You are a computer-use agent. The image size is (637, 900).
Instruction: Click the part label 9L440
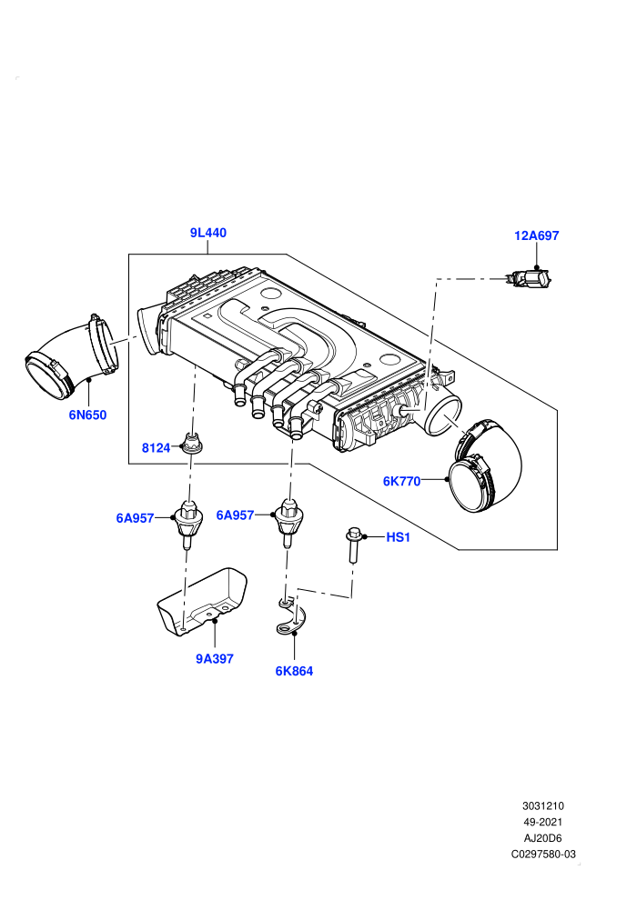click(x=207, y=233)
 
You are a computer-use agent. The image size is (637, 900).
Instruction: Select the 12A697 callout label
click(x=537, y=235)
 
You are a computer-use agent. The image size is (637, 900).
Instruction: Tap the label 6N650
click(x=88, y=415)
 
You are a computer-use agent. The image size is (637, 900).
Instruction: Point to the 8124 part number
click(x=156, y=447)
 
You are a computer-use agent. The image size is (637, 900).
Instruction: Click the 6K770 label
click(x=402, y=481)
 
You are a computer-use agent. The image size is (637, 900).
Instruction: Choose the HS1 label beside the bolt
click(x=398, y=537)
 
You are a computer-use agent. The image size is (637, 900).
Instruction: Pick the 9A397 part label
click(x=215, y=658)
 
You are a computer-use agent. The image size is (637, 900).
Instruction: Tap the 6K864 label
click(x=294, y=670)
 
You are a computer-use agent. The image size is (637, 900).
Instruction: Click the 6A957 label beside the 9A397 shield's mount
click(x=135, y=518)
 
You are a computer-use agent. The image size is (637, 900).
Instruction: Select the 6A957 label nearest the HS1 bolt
click(x=235, y=515)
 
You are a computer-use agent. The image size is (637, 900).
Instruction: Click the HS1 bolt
click(x=353, y=545)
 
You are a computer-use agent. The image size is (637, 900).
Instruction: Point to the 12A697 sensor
click(x=529, y=279)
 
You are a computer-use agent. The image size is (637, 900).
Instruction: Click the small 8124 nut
click(x=191, y=443)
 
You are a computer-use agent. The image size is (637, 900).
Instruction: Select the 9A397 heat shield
click(x=202, y=602)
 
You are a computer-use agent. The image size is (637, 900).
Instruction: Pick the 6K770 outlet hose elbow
click(x=486, y=466)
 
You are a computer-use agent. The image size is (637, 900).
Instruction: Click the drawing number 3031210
click(x=543, y=805)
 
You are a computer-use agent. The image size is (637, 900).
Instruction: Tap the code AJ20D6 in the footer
click(x=542, y=838)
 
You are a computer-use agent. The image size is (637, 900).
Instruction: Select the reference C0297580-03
click(x=543, y=854)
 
